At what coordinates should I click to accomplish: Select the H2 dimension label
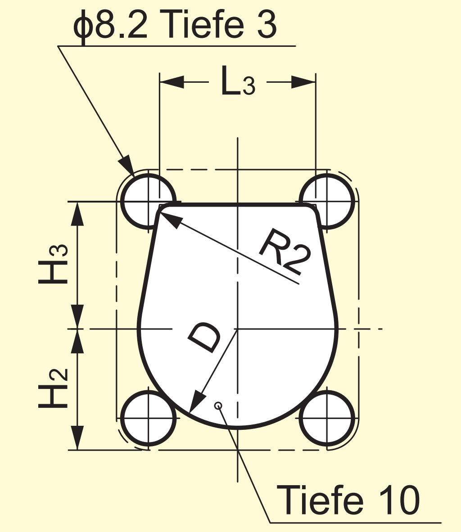click(53, 388)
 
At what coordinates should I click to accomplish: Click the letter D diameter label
click(204, 337)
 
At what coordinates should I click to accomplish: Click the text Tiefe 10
click(348, 500)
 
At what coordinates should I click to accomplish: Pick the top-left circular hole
click(148, 201)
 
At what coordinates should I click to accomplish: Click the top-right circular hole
click(327, 201)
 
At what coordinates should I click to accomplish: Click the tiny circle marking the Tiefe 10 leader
click(218, 406)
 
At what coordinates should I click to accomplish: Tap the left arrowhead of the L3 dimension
click(172, 82)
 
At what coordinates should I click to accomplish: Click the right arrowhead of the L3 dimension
click(303, 82)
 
